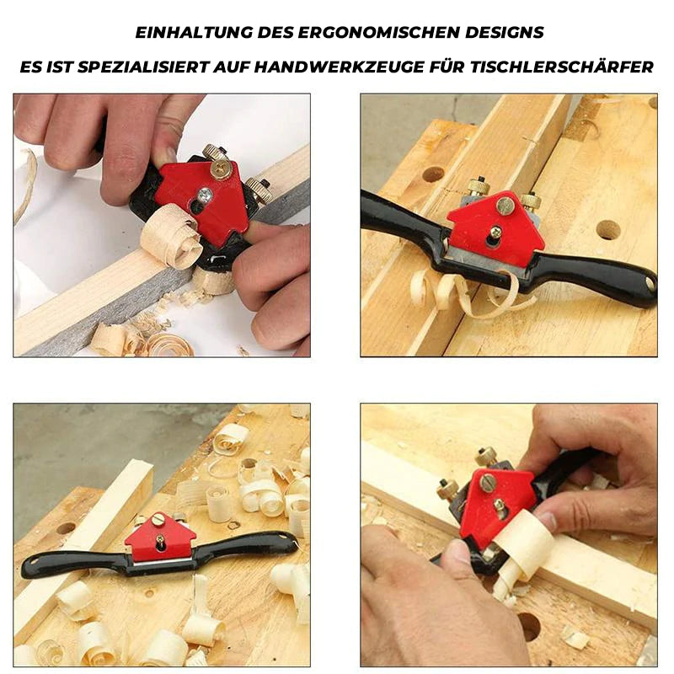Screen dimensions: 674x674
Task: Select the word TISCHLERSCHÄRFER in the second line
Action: [562, 67]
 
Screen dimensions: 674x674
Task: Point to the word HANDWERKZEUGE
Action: [336, 67]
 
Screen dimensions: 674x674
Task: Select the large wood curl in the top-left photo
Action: [171, 237]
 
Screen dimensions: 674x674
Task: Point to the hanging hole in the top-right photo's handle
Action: [649, 283]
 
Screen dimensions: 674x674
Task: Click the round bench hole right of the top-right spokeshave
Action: [607, 230]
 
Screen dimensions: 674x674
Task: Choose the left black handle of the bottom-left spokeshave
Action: [73, 564]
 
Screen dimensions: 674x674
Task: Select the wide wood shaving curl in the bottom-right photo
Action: [522, 543]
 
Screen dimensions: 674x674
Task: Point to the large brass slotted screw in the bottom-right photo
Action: [487, 483]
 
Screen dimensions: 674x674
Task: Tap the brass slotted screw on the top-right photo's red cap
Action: [505, 207]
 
